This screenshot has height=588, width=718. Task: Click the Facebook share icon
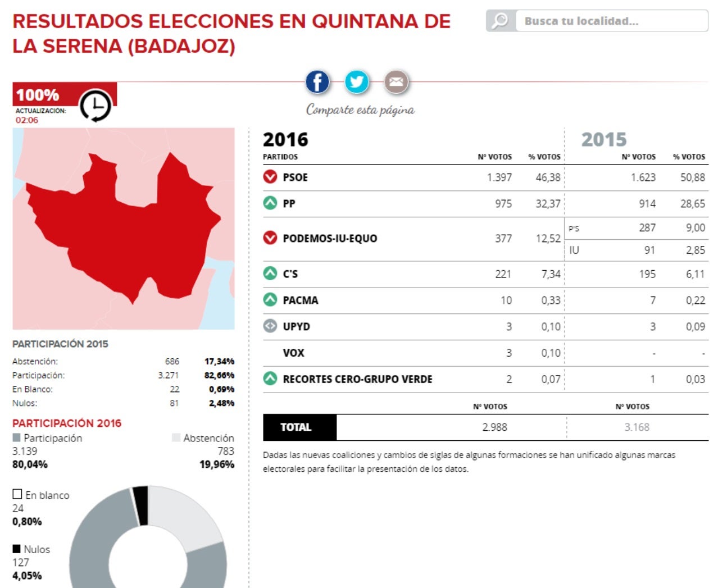coord(317,82)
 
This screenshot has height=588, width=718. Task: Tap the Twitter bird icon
coord(357,82)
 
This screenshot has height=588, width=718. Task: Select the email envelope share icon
coord(396,82)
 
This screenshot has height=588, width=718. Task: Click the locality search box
coord(611,21)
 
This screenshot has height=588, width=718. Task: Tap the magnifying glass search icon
coord(499,21)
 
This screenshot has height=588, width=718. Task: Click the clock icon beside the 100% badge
coord(95,105)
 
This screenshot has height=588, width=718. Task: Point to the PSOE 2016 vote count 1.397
coord(499,177)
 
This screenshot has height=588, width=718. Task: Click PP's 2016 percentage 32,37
coord(548,204)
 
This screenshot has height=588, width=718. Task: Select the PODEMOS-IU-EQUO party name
coord(330,239)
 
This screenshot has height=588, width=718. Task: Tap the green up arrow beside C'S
coord(270,274)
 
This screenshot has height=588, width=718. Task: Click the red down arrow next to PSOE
coord(270,177)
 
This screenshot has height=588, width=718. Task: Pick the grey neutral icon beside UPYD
coord(270,326)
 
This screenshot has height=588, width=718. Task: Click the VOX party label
coord(293,353)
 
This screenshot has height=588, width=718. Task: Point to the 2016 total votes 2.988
coord(494,427)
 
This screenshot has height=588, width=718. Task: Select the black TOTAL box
coord(299,427)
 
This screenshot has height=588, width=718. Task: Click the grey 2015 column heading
coord(603,139)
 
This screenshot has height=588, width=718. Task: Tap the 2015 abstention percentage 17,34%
coord(219,361)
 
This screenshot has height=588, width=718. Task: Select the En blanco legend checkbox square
coord(17,494)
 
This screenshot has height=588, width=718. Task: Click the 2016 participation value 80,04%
coord(30,464)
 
